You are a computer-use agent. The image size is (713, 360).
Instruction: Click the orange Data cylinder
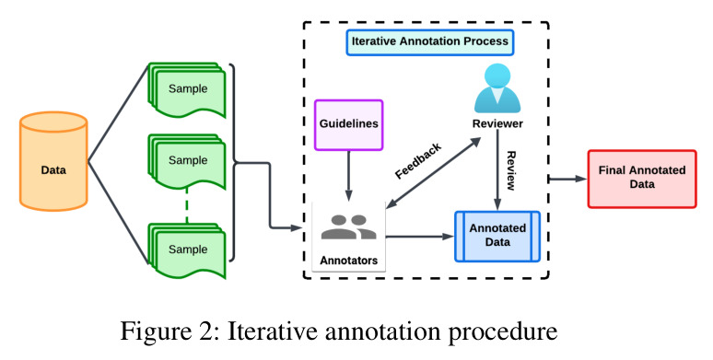[x=53, y=161]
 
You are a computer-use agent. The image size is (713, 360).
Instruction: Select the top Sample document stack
[x=187, y=90]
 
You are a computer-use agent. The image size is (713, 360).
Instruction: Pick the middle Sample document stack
[x=187, y=161]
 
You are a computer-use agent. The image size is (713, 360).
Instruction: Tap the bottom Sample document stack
[x=187, y=250]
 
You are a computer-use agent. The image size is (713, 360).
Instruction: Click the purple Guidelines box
[x=349, y=125]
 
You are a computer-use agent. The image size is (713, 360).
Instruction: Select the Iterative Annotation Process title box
[x=429, y=42]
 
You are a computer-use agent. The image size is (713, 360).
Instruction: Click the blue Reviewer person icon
[x=497, y=87]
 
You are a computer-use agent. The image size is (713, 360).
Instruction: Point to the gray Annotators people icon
[x=349, y=226]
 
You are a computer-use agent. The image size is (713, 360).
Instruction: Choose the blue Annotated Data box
[x=497, y=236]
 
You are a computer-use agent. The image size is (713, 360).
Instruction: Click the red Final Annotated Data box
[x=642, y=179]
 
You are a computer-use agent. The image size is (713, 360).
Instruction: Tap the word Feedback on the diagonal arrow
[x=418, y=161]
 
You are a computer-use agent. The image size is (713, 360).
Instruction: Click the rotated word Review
[x=511, y=170]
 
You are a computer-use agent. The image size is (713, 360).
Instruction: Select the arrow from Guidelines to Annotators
[x=349, y=176]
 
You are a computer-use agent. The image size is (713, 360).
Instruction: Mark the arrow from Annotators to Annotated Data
[x=420, y=237]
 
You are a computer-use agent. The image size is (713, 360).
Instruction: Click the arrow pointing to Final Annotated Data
[x=568, y=180]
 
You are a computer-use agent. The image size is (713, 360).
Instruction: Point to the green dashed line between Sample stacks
[x=187, y=206]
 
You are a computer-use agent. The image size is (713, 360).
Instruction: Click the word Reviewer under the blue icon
[x=497, y=123]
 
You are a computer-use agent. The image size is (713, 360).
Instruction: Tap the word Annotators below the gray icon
[x=349, y=261]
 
